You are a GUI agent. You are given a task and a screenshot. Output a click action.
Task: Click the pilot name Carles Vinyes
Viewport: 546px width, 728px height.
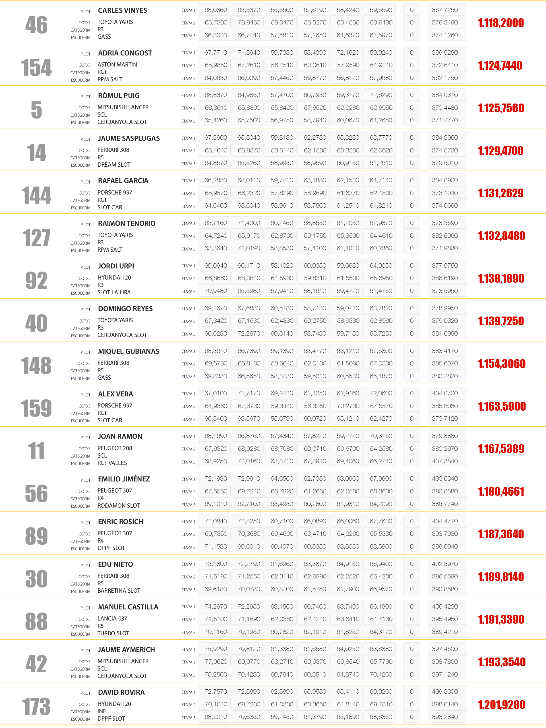point(123,11)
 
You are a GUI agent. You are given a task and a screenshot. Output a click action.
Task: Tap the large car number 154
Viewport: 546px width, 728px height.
point(36,67)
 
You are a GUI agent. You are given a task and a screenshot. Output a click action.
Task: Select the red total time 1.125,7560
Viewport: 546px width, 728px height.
point(500,108)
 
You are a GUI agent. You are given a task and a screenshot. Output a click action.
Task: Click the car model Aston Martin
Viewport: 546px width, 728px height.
point(117,65)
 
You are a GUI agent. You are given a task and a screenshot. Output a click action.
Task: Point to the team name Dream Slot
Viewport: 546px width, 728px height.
point(114,165)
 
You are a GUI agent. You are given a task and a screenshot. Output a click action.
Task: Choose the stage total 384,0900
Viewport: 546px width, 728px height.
point(445,180)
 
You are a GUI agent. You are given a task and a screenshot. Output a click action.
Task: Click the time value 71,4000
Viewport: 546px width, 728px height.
point(249,223)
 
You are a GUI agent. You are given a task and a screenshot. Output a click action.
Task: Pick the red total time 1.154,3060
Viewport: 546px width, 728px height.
point(501,364)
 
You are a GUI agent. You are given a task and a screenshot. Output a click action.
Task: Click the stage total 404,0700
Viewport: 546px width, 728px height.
point(445,393)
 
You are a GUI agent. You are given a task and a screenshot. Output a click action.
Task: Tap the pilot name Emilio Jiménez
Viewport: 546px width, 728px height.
point(124,479)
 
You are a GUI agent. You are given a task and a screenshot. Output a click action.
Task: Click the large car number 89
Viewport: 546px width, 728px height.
point(36,536)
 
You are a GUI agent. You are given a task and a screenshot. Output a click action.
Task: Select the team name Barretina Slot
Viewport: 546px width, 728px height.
point(119,590)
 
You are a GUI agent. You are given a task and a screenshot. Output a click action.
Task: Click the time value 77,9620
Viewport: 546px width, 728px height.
point(216,661)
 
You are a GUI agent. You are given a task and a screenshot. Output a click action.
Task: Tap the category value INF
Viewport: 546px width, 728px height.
point(101,711)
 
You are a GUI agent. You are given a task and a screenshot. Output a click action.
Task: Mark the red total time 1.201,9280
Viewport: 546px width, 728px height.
point(501,705)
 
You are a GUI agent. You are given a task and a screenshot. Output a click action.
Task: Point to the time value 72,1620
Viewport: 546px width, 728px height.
point(348,53)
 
